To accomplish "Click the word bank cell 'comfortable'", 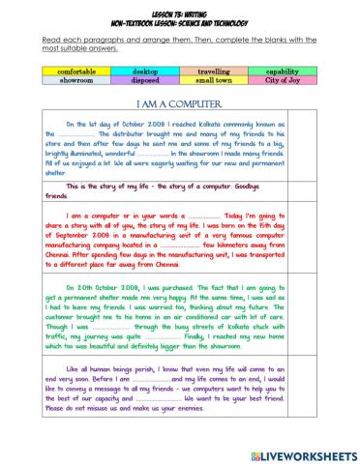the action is [76, 72].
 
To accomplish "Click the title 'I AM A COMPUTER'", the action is [177, 103].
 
